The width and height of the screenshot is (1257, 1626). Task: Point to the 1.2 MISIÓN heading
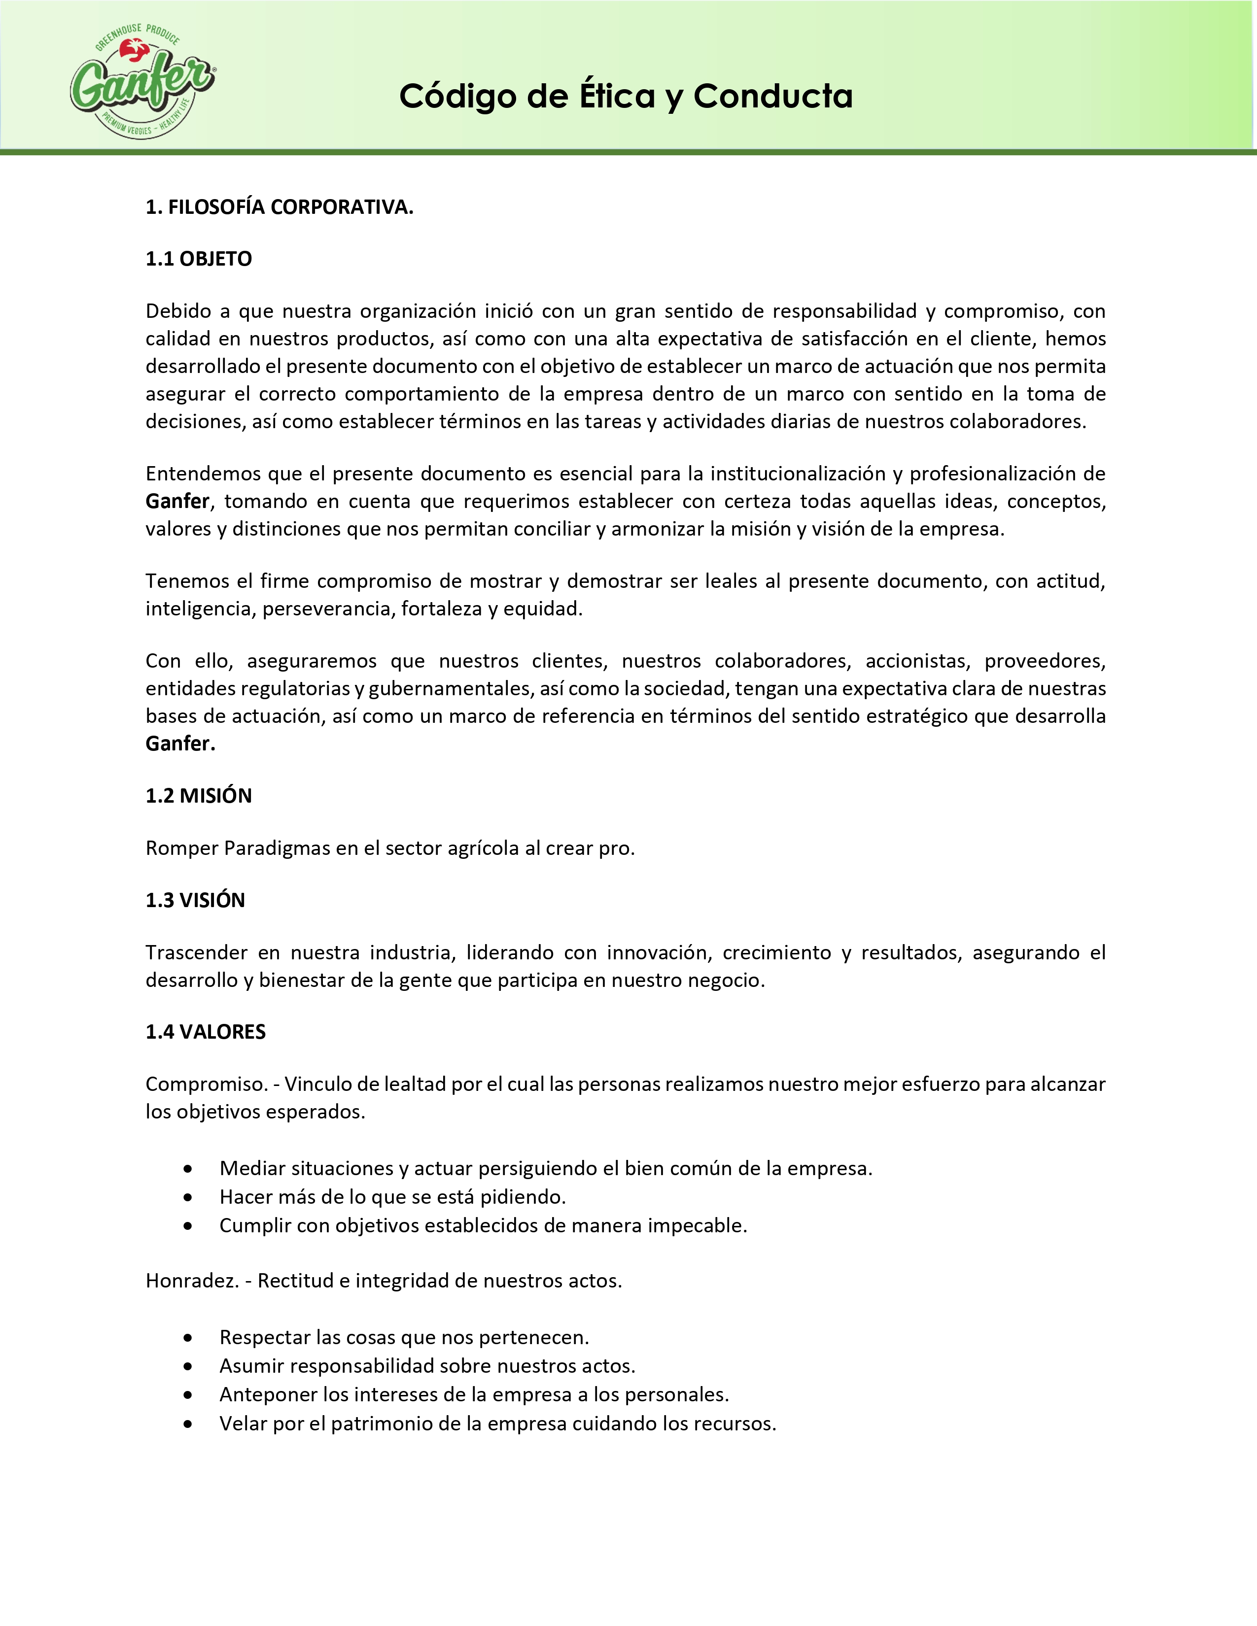tap(199, 795)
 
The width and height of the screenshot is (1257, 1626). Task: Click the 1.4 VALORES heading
tap(206, 1031)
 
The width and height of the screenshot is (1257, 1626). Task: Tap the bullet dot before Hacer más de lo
tap(188, 1197)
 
